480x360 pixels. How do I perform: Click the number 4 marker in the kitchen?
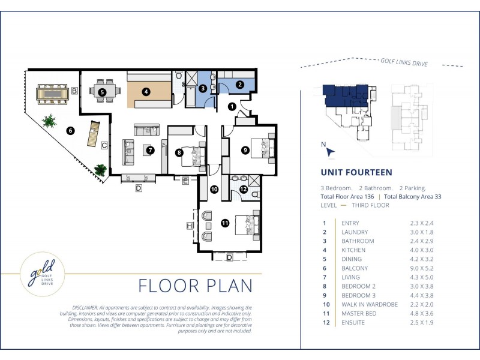(146, 92)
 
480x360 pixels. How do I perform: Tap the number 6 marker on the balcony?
(70, 131)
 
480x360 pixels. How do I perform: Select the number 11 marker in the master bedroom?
(225, 223)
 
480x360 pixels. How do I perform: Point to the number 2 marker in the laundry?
(239, 85)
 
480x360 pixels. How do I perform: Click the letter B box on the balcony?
(74, 91)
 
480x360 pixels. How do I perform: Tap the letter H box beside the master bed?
(190, 226)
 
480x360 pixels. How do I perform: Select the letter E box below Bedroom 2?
(185, 181)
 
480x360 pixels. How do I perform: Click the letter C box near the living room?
(104, 145)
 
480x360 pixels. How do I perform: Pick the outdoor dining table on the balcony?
(52, 94)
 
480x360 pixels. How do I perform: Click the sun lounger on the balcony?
(94, 134)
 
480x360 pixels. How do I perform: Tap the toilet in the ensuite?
(256, 194)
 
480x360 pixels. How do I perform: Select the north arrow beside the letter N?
(331, 152)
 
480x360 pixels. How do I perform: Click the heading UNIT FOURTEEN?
(356, 172)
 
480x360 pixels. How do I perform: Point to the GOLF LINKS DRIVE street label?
(404, 62)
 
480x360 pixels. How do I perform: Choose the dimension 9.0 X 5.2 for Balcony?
(422, 268)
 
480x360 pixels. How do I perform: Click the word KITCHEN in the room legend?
(353, 250)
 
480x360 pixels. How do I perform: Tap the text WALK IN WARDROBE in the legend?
(370, 305)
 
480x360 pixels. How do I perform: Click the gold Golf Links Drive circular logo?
(42, 274)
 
